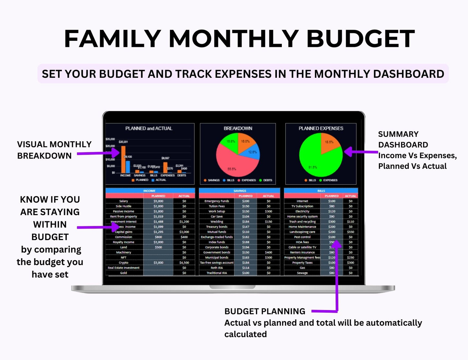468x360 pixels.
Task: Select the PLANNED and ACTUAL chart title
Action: [149, 128]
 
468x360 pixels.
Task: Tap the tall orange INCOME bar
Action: [123, 159]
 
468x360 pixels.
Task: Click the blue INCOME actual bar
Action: [128, 167]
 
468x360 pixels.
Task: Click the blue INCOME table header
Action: [150, 191]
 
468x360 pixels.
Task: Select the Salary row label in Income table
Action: [123, 201]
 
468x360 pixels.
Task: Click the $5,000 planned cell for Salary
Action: [158, 201]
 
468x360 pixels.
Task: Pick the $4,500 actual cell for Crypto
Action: [184, 263]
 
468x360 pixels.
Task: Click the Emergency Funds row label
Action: [217, 201]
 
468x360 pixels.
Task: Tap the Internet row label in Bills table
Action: [302, 201]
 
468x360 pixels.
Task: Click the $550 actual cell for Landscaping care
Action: [350, 232]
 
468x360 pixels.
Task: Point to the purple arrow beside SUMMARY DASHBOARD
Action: [360, 152]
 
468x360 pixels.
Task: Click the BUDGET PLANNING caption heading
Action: [265, 311]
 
